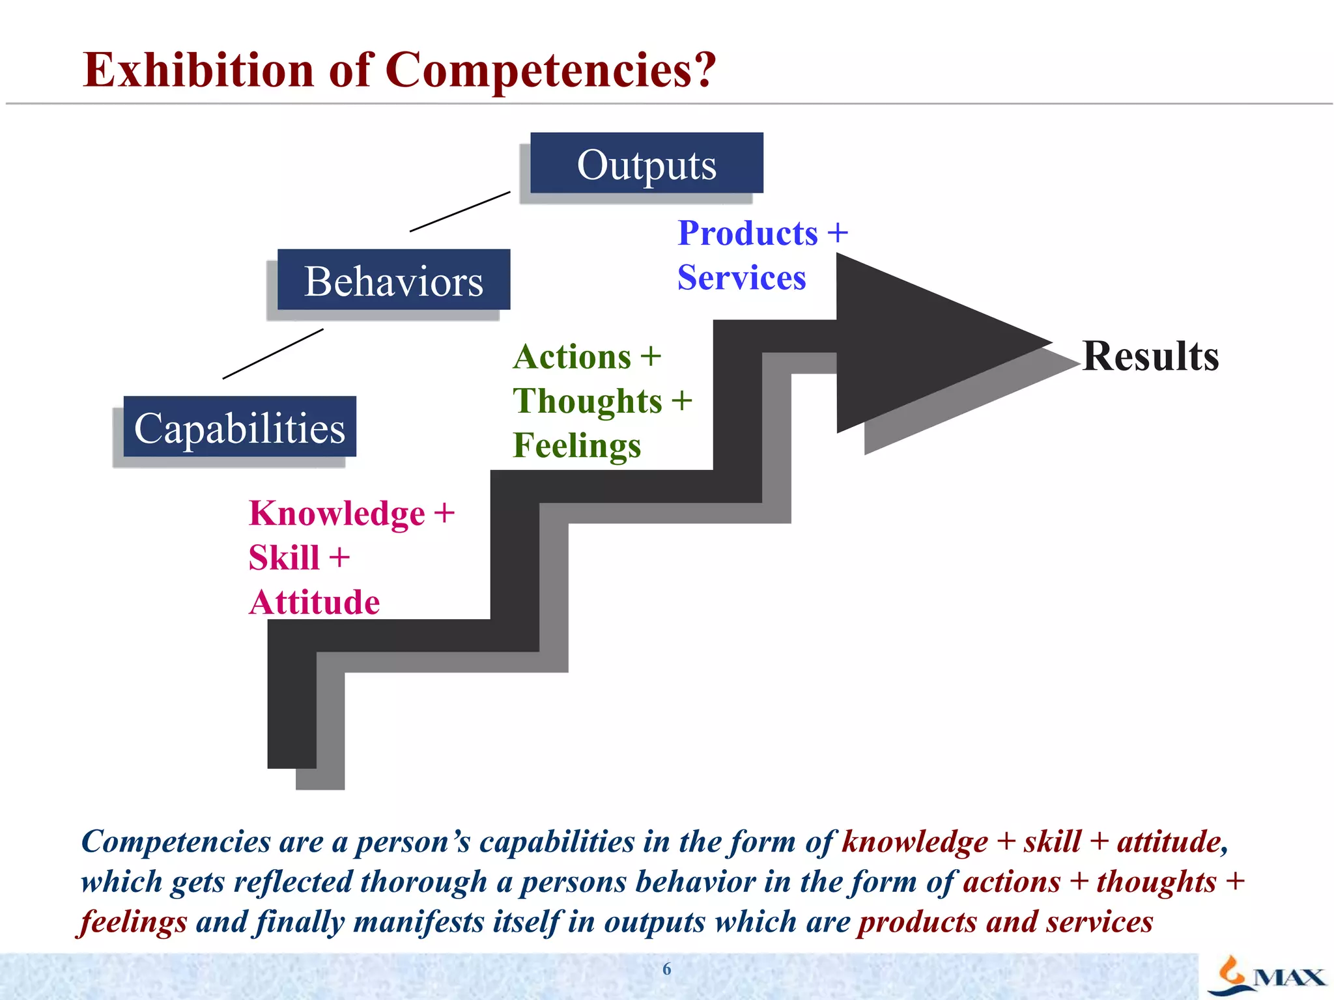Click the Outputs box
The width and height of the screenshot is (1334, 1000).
coord(646,163)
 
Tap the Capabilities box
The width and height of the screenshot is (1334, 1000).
coord(240,427)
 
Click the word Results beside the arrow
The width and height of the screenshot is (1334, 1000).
coord(1150,356)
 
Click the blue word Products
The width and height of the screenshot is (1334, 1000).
coord(747,233)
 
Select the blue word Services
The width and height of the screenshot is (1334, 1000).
coord(741,278)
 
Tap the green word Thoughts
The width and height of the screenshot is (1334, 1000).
coord(587,400)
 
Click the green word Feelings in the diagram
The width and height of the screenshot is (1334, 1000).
coord(576,445)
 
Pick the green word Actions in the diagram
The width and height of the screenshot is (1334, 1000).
coord(572,357)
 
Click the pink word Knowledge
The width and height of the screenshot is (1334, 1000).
coord(337,513)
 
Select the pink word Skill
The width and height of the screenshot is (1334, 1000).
coord(284,558)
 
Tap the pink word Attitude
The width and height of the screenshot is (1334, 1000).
coord(315,602)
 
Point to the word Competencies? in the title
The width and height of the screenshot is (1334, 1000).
coord(550,70)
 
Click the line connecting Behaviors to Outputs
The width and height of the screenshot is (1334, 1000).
coord(460,212)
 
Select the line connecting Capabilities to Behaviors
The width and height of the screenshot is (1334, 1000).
coord(273,354)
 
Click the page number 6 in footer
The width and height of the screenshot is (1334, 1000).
coord(666,969)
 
